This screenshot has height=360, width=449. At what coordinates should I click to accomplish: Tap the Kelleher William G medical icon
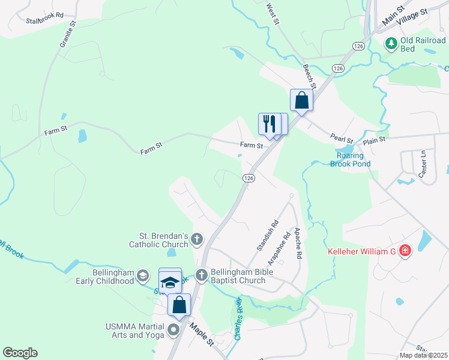[x=405, y=251]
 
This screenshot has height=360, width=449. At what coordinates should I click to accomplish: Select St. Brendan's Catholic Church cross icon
[x=197, y=241]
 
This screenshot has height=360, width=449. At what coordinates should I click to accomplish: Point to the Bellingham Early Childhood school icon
[x=142, y=276]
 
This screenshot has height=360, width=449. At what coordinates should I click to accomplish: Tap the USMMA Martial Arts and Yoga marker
[x=174, y=330]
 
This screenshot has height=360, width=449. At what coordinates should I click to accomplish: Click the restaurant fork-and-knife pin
[x=268, y=124]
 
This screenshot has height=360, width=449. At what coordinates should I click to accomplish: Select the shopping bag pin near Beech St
[x=301, y=100]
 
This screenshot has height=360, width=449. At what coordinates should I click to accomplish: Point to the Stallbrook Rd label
[x=44, y=20]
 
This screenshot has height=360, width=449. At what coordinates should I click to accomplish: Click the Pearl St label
[x=341, y=138]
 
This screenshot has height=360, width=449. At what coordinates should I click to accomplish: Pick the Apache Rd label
[x=297, y=244]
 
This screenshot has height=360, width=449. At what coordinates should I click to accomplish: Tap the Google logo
[x=20, y=353]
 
